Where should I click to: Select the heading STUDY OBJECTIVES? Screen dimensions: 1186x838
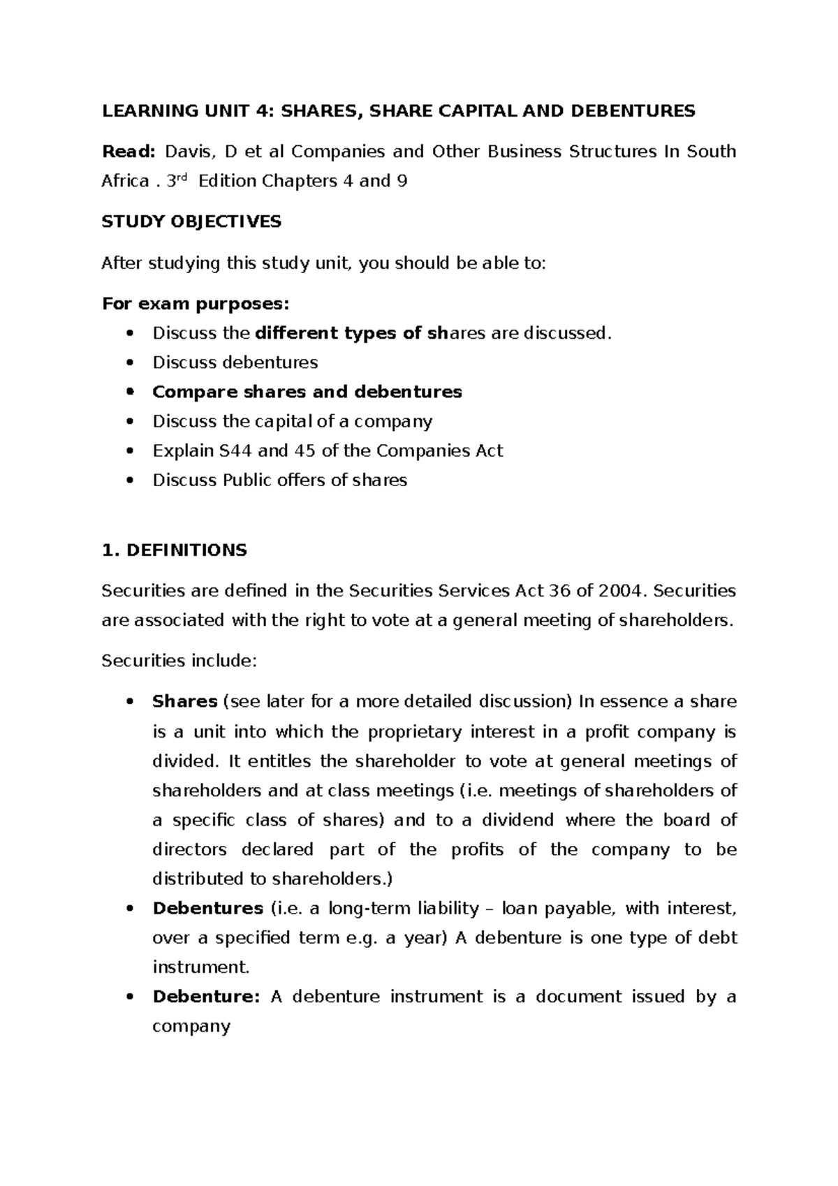pos(191,222)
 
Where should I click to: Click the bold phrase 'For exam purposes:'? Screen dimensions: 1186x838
pos(195,304)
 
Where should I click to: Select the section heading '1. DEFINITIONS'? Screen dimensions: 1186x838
pos(174,550)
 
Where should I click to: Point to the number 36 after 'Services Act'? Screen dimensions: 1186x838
pos(560,591)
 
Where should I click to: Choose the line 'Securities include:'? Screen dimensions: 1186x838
pos(179,660)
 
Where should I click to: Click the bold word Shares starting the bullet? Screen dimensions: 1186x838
pos(185,701)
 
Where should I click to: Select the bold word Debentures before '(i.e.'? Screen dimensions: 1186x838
pos(207,909)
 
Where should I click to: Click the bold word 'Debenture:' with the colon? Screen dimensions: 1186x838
pos(206,997)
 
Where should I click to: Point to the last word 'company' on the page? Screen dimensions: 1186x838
pos(191,1027)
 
